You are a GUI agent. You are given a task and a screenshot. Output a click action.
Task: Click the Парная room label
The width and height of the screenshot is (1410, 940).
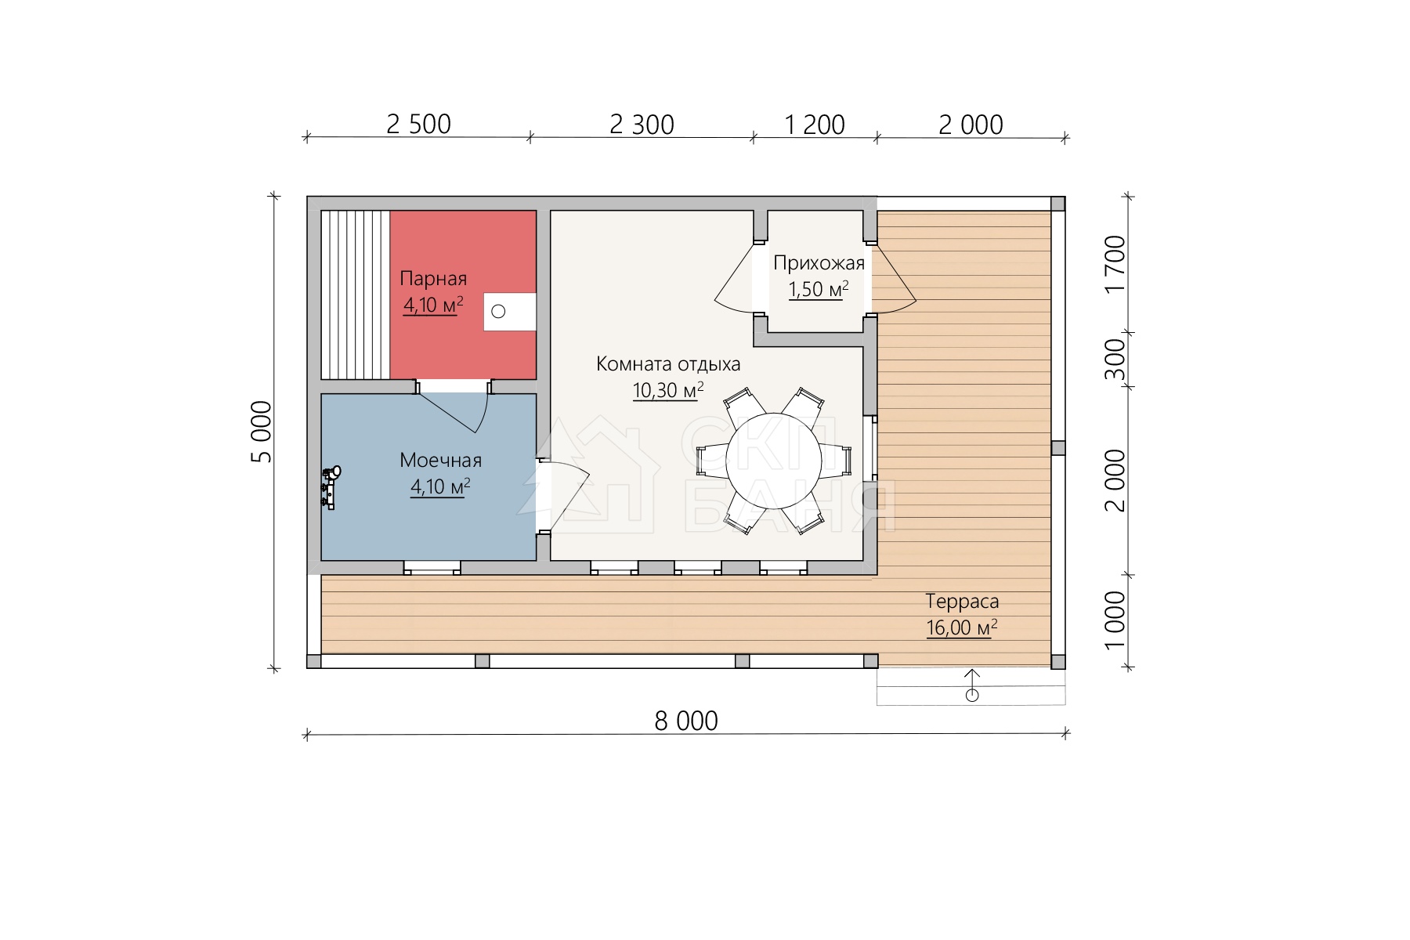coord(433,279)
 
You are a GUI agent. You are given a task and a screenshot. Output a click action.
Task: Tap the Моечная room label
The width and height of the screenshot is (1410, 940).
coord(440,460)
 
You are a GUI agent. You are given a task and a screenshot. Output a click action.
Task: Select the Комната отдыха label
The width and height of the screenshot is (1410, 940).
coord(668,364)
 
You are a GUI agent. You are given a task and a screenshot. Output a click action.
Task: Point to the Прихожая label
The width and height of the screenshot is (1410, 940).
coord(819,263)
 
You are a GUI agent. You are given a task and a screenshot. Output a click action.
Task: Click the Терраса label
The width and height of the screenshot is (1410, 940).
coord(962,602)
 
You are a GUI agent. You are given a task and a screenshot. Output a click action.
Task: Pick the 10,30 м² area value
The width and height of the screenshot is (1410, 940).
coord(668,390)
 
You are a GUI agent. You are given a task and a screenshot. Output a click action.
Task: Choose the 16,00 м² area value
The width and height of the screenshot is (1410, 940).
coord(962,628)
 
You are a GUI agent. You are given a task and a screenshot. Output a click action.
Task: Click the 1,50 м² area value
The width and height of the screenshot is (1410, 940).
coord(819,290)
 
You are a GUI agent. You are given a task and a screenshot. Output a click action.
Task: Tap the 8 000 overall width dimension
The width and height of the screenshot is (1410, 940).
coord(686,721)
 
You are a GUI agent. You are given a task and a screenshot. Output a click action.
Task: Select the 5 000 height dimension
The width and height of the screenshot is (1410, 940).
coord(262,432)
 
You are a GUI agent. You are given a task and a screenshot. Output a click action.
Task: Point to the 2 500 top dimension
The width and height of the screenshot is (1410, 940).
coord(419,125)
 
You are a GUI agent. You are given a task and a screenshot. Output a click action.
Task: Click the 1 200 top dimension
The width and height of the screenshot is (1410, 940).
coord(815,125)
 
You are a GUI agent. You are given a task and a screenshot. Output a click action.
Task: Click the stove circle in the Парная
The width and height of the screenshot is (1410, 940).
coord(498,312)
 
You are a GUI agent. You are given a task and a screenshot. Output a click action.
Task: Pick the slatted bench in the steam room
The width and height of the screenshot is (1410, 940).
coord(355,295)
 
